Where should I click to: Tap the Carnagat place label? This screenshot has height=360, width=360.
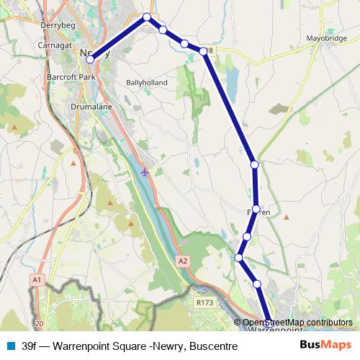(x=56, y=45)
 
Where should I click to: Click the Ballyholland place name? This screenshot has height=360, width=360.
(x=146, y=83)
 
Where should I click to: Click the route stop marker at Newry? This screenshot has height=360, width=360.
(x=90, y=60)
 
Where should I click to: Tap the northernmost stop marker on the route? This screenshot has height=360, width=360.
(x=147, y=17)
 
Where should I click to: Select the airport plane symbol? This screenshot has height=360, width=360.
(x=145, y=172)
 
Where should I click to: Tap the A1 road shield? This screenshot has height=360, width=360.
(x=37, y=278)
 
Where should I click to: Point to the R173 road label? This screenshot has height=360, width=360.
(x=204, y=304)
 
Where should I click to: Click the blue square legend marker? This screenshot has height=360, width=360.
(x=9, y=346)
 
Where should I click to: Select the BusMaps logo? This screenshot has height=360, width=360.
(x=325, y=346)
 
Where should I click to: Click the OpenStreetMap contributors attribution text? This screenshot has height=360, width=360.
(x=297, y=323)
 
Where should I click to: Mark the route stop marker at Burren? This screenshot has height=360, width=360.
(x=256, y=209)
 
